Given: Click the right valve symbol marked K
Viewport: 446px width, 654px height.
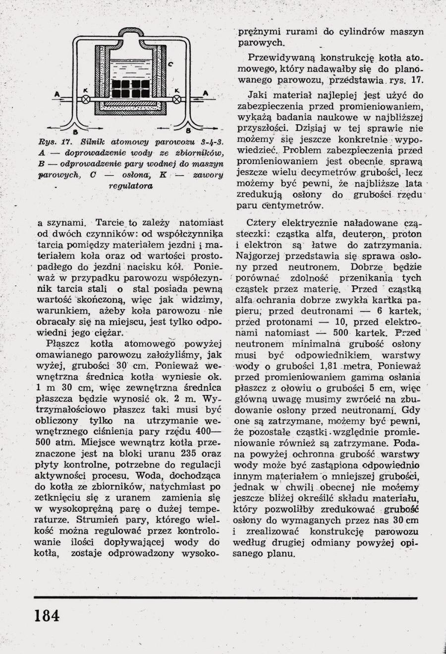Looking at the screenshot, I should [x=176, y=99].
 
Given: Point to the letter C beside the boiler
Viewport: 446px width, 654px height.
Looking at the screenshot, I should [x=170, y=64].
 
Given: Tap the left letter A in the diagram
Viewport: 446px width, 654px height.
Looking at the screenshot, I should [x=56, y=93].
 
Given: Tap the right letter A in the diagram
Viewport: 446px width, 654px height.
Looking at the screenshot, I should [x=205, y=92].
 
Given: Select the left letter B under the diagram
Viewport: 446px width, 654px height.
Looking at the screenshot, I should [x=74, y=132].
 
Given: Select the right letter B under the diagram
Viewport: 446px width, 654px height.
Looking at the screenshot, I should [x=188, y=131].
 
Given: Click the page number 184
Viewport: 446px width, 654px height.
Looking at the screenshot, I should [x=47, y=616].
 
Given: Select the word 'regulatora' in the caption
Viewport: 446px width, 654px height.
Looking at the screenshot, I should [x=131, y=186].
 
